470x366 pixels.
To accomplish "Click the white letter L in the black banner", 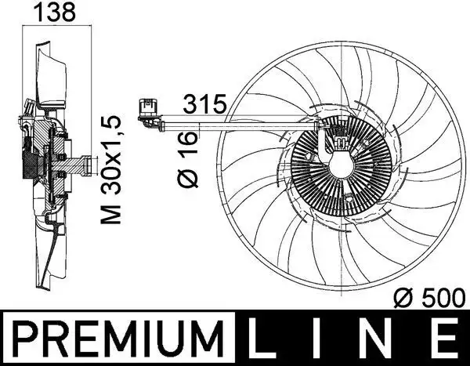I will click(269, 339).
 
